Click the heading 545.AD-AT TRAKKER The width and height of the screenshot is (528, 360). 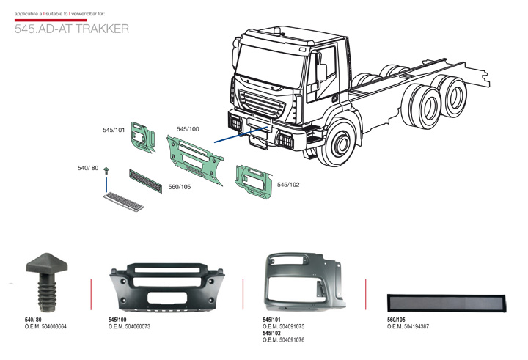coord(72,29)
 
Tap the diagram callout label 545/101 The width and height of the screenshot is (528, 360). coord(114,129)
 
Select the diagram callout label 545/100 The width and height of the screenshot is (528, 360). coord(188,128)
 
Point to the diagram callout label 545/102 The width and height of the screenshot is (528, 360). coord(288,185)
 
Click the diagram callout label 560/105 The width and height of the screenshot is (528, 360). coord(180,187)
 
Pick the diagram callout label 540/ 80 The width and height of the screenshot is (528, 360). coord(88,168)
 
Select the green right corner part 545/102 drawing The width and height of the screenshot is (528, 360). coord(253,184)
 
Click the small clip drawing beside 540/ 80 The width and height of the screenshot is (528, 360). coord(106,172)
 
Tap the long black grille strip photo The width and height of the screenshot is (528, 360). coord(447,302)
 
